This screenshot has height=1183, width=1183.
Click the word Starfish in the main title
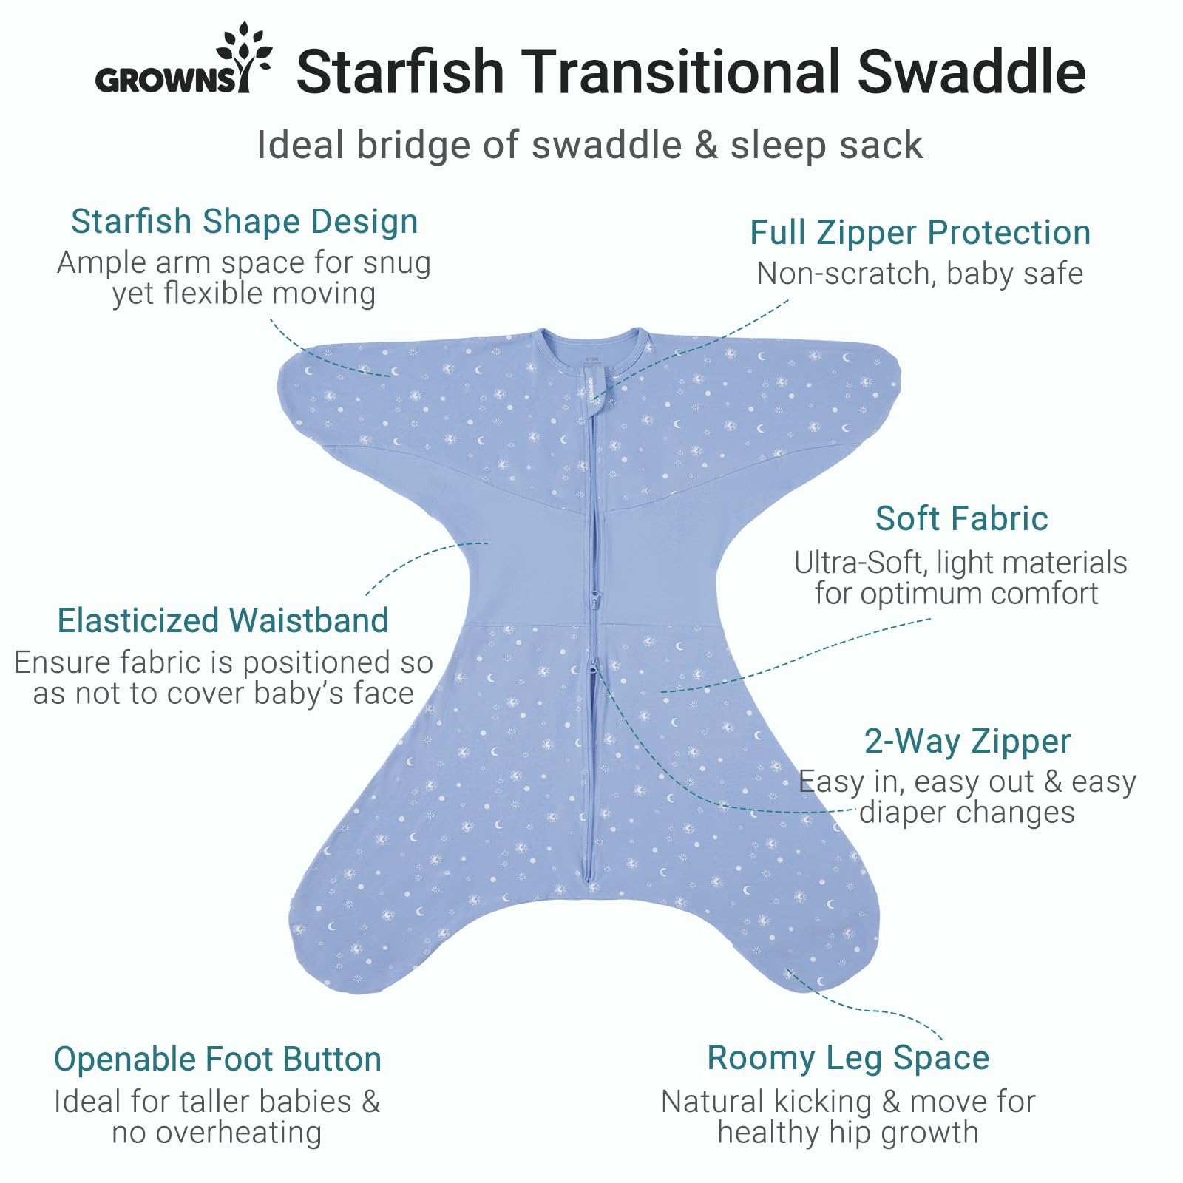point(400,72)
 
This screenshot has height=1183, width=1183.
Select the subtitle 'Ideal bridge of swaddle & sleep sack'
point(589,145)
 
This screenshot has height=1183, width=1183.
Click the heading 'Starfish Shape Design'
point(244,221)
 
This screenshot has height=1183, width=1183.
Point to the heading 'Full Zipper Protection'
point(920,232)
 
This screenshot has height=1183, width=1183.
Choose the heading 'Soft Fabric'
point(961,518)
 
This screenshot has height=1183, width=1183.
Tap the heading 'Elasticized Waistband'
point(223,620)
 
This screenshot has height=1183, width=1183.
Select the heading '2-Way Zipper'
point(967,741)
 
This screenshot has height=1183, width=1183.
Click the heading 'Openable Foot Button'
point(217,1059)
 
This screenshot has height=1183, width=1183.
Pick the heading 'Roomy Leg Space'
point(848,1057)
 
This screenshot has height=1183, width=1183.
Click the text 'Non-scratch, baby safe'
point(920,274)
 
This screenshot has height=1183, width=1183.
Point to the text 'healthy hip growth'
point(848,1132)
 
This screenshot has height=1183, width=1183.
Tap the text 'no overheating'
point(217,1132)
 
